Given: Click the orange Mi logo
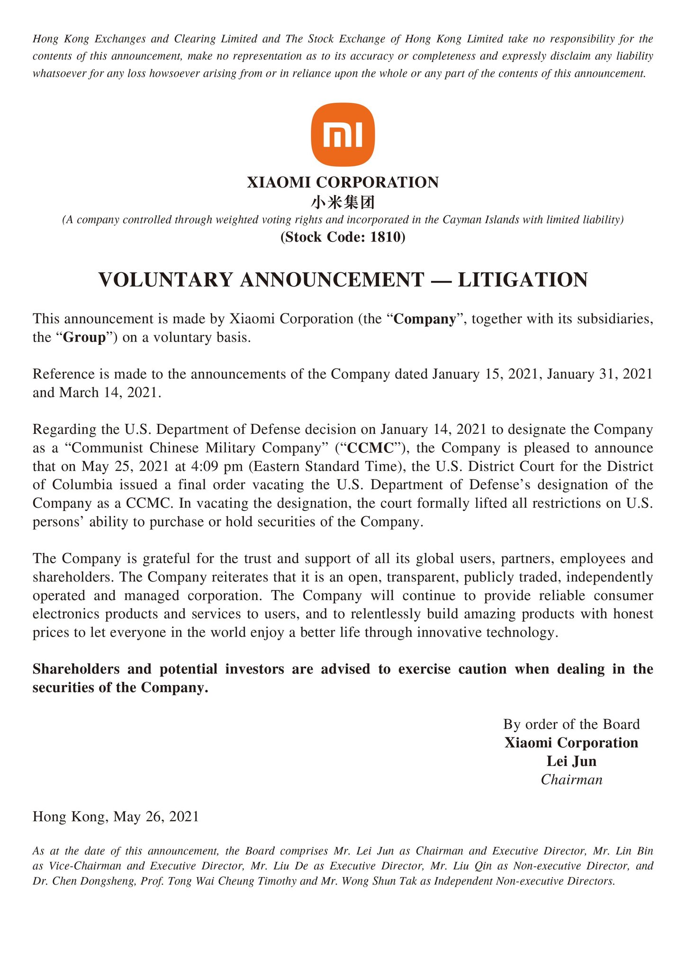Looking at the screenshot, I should pos(343,135).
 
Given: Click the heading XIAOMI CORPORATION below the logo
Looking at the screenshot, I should pos(343,182).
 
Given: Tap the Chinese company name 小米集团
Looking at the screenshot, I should pos(343,203).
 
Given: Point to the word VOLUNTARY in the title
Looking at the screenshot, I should pos(166,280).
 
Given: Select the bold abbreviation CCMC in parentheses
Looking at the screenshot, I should pos(374,448).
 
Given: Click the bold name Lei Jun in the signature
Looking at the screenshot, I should pos(571,761).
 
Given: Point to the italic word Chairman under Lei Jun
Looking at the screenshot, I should pos(571,780).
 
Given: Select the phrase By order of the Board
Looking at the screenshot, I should pos(571,724).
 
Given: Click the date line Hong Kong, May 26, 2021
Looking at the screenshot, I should pos(116,817).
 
